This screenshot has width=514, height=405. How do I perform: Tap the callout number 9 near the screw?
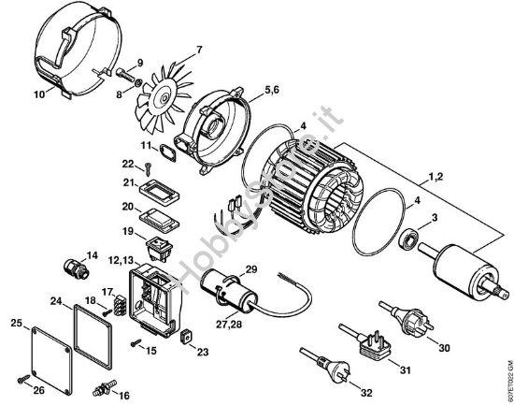(x=139, y=63)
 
